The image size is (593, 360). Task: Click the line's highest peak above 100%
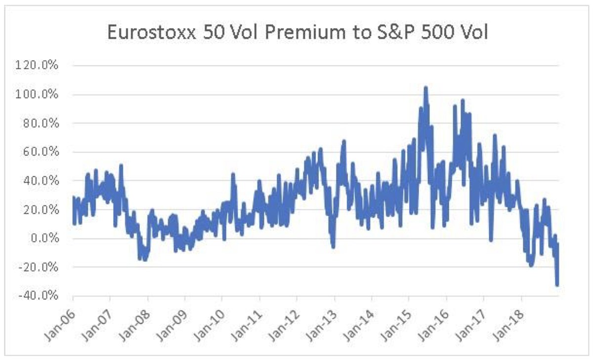click(x=425, y=88)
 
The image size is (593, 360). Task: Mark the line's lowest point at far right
click(x=557, y=285)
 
